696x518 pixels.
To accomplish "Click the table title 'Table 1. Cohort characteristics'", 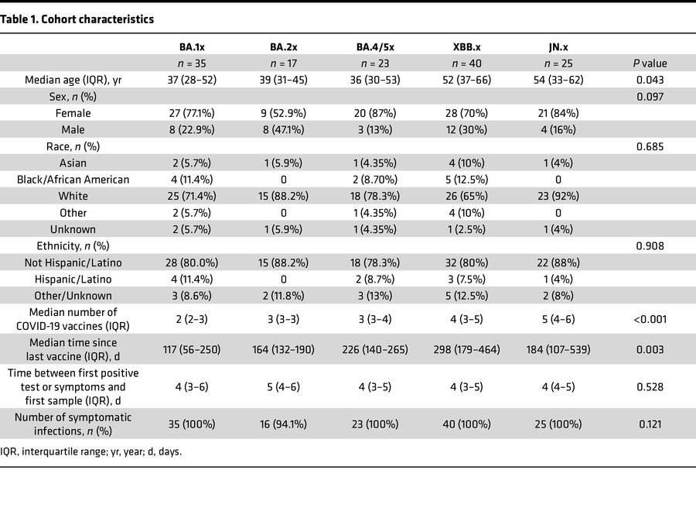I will [78, 19].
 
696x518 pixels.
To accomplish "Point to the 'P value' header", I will [648, 63].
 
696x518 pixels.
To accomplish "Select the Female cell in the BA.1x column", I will [186, 113].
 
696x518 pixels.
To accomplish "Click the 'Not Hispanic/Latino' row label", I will [73, 262].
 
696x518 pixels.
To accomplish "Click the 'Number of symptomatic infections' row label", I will [73, 424].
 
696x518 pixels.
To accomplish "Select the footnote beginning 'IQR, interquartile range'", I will [91, 451].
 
